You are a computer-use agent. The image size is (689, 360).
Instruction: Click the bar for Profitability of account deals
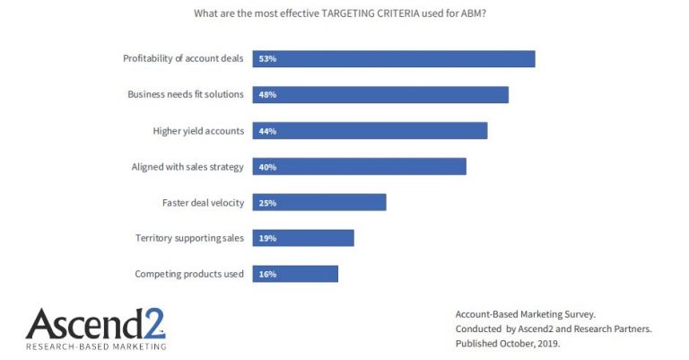coord(394,59)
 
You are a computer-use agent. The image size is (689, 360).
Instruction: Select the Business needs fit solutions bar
coord(380,95)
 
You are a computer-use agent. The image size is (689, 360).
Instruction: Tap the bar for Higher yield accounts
coord(370,131)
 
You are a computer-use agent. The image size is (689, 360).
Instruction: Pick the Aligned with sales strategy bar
coord(359,167)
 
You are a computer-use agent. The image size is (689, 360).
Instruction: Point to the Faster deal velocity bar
coord(319,203)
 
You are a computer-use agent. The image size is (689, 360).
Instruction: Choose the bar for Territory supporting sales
coord(303,238)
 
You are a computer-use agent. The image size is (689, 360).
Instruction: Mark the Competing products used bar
coord(295,274)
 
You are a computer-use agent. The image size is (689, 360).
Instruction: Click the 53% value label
coord(266,59)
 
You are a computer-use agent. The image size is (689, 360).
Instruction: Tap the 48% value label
coord(266,95)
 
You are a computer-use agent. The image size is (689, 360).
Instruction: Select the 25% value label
coord(266,203)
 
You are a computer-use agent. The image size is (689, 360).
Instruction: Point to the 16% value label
coord(266,274)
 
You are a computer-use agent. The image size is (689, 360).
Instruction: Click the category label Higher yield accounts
coord(198,131)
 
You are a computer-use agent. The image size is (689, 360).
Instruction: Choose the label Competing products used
coord(189,274)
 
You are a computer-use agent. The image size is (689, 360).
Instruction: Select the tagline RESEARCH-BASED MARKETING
coord(95,346)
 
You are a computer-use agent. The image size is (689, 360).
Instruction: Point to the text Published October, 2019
coord(510,343)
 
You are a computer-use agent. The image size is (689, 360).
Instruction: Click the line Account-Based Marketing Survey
coord(525,314)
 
